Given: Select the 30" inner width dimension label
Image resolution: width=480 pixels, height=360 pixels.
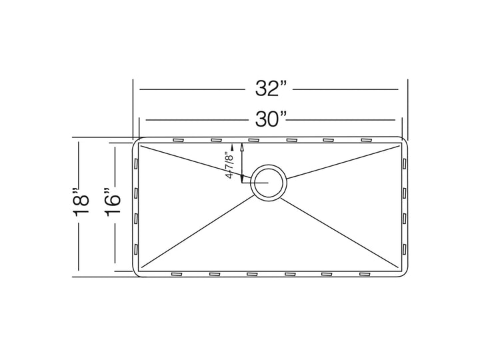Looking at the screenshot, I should [x=269, y=120].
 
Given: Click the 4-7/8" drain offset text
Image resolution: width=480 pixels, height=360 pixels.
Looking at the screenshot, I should [x=229, y=165].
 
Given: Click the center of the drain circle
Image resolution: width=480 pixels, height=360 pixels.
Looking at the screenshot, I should [x=269, y=180].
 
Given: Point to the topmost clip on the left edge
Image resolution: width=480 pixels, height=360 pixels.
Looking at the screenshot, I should [x=135, y=163].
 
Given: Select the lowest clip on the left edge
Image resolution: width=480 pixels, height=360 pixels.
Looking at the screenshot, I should [x=135, y=249].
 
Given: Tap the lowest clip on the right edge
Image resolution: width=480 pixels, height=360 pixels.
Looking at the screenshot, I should [x=405, y=249].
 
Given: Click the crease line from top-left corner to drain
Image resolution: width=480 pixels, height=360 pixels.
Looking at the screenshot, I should [x=193, y=161].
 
